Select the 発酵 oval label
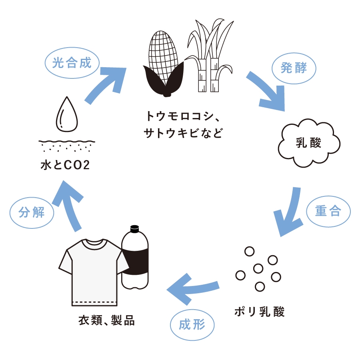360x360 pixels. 294,68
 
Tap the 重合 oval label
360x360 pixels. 328,211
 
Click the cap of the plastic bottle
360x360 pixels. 134,229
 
